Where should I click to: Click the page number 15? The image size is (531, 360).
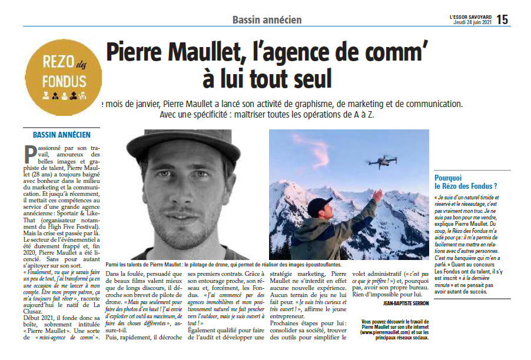point(502,19)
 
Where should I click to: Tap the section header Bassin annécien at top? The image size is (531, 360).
point(267,20)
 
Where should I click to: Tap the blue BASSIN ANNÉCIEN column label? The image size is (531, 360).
point(57,134)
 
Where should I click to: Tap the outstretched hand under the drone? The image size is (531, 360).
point(376,196)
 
